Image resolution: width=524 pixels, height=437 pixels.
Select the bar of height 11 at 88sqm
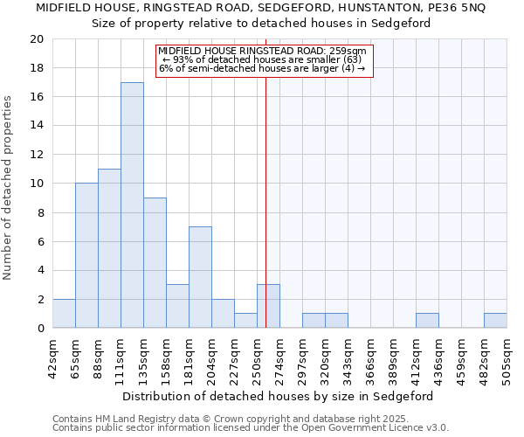[109, 248]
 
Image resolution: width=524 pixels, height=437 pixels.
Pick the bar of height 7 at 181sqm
[200, 277]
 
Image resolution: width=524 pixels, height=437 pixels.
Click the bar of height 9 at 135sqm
[155, 263]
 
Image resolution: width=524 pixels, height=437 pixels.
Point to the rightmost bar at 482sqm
[495, 321]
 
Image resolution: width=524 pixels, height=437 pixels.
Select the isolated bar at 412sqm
[427, 321]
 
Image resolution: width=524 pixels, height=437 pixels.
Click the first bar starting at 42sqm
[64, 314]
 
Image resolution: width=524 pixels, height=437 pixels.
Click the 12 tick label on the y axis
[36, 155]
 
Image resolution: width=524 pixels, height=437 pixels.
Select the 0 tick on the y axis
[40, 329]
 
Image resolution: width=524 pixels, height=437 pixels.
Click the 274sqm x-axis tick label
[279, 358]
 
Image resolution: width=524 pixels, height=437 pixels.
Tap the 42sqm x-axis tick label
[52, 358]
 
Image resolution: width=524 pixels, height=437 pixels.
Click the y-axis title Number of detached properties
[9, 188]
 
